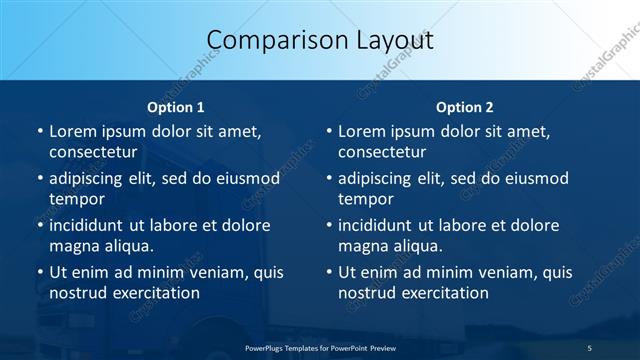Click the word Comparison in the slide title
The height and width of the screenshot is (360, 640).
coord(269,40)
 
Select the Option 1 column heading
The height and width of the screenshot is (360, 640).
coord(176,106)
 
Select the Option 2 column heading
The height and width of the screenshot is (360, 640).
coord(465,106)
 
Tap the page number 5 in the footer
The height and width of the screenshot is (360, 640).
coord(590,347)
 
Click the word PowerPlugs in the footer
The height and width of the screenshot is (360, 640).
coord(267,347)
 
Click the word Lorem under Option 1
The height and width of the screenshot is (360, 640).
coord(71,131)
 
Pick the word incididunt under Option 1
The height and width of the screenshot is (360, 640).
coord(91,225)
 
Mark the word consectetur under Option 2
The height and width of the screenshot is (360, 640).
coord(382,152)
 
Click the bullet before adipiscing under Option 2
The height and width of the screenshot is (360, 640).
coord(328,178)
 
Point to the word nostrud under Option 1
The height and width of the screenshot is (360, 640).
coord(76,293)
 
